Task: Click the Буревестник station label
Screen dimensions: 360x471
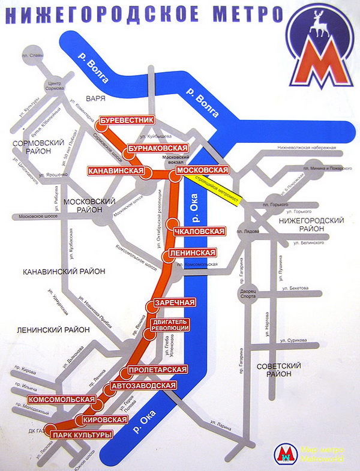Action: (x=127, y=121)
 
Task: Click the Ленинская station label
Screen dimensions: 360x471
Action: (x=191, y=253)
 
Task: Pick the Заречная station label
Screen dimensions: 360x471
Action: (x=176, y=302)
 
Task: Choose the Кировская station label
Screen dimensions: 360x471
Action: (x=106, y=419)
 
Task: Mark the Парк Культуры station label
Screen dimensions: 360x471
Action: (x=82, y=434)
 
